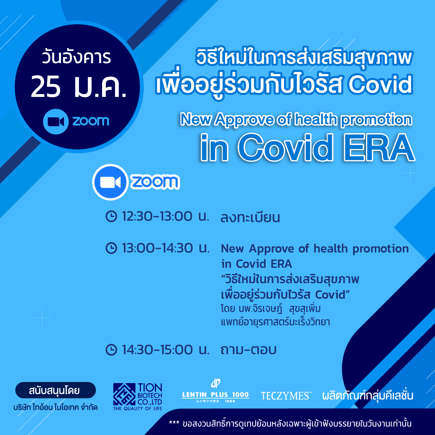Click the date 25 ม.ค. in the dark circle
coord(79,87)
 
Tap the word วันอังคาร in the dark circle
coord(77,57)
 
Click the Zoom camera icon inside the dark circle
coord(56,122)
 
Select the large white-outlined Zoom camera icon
coord(110,182)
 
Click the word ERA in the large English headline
coord(379,148)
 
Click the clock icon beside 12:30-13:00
coord(111,216)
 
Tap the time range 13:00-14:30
coord(157,248)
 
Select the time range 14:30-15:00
coord(157,350)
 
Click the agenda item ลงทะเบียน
coord(250,217)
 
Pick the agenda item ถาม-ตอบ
coord(248,350)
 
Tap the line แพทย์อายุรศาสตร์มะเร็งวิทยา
coord(275,322)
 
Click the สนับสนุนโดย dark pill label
coord(56,390)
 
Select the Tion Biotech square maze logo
coord(124,394)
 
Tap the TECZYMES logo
coord(286,396)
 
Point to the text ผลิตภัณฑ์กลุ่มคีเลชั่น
coord(368,395)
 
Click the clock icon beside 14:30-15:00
coord(111,350)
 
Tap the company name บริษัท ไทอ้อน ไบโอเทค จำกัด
coord(56,407)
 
